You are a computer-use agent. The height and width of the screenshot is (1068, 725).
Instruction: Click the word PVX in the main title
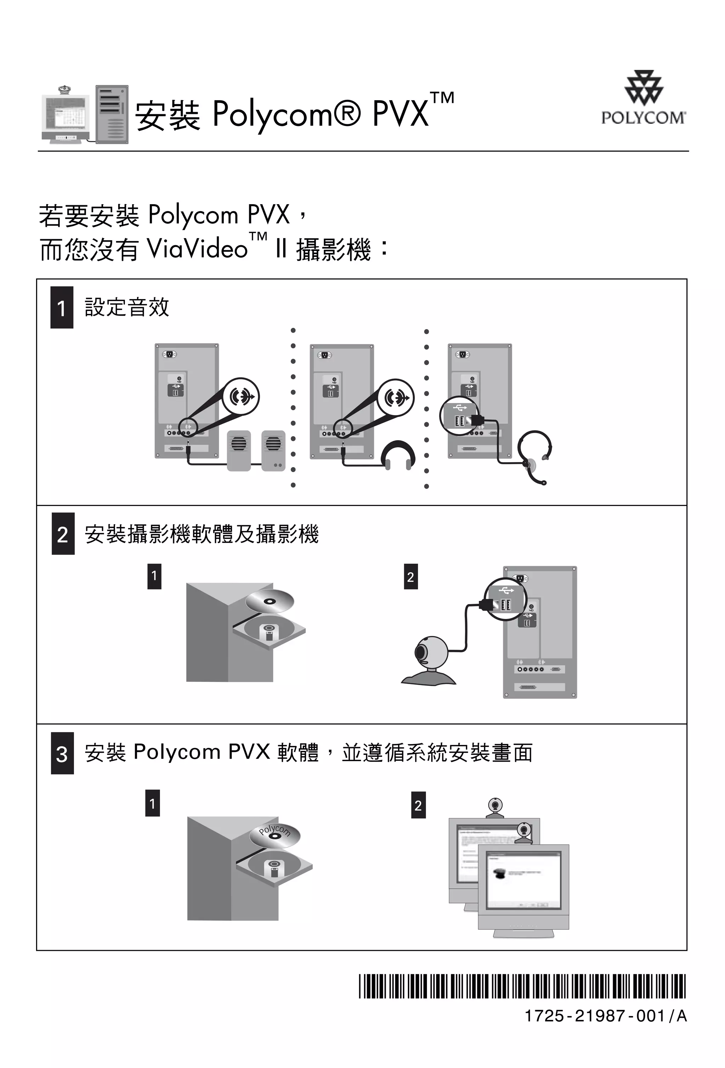[x=400, y=114]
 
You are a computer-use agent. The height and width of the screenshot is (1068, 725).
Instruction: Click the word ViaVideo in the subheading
[x=198, y=249]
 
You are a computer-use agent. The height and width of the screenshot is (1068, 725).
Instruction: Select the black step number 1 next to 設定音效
[x=62, y=308]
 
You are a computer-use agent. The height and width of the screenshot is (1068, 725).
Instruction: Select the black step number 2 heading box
[x=63, y=534]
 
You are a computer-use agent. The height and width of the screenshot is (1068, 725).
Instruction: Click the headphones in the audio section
[x=398, y=456]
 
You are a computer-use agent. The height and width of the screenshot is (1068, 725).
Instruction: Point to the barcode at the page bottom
[x=522, y=986]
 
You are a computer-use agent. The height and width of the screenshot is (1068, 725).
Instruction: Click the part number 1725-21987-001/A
[x=605, y=1016]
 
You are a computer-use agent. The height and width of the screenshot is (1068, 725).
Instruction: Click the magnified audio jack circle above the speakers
[x=241, y=396]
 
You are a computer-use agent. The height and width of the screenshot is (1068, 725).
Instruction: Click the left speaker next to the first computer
[x=239, y=450]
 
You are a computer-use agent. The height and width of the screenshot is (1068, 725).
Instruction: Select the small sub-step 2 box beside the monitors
[x=418, y=805]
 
